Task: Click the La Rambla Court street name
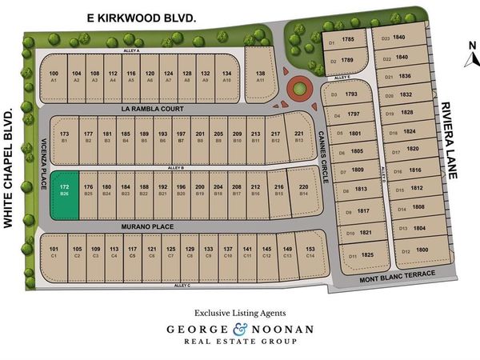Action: (x=152, y=108)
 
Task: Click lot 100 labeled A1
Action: (x=54, y=76)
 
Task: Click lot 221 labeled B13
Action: (x=299, y=136)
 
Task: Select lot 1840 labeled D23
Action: (x=393, y=38)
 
